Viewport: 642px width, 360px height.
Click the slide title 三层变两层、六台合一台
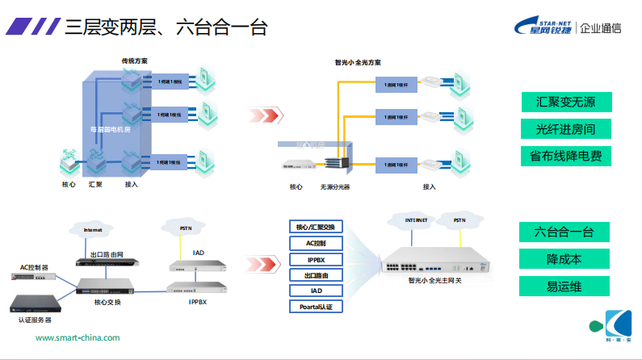(x=166, y=29)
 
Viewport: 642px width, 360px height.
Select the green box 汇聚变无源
(x=565, y=103)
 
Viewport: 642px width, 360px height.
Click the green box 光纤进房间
(x=565, y=129)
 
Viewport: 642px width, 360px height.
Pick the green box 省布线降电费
(x=565, y=156)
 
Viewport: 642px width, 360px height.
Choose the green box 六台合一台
(x=564, y=232)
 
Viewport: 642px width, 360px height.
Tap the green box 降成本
(x=564, y=259)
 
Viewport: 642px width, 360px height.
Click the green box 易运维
(x=564, y=286)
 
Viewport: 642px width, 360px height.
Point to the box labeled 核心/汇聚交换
(x=316, y=227)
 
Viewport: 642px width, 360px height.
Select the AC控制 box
(x=316, y=243)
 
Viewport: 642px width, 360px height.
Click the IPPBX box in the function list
(x=316, y=259)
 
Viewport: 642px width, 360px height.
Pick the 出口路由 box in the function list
(x=316, y=275)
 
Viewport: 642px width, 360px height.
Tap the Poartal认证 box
(x=316, y=307)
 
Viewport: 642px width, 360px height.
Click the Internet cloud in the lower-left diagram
(x=93, y=230)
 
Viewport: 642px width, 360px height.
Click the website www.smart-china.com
(x=78, y=338)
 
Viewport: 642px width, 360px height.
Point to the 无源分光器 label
(x=334, y=187)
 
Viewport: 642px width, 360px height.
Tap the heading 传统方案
(x=134, y=61)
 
